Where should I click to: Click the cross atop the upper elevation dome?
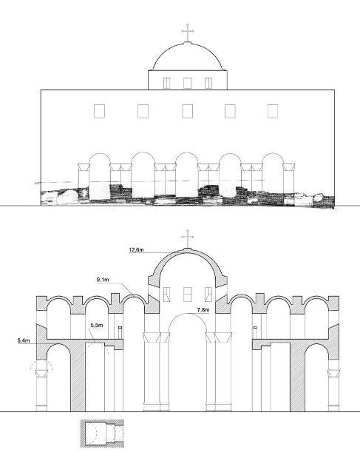click(x=187, y=33)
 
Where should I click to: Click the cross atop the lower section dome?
click(x=187, y=239)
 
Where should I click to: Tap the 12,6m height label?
click(x=136, y=250)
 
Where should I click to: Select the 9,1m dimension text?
click(x=103, y=280)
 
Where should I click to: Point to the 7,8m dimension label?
click(x=203, y=310)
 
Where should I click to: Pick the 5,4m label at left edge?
click(x=24, y=340)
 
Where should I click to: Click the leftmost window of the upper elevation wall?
click(x=100, y=112)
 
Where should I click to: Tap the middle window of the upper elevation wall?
click(x=187, y=112)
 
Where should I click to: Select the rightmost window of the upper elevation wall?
click(x=273, y=112)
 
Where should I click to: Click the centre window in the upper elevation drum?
click(x=187, y=83)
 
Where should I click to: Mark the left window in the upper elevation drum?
click(x=166, y=83)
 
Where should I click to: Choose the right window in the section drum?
click(x=208, y=295)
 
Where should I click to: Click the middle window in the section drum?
click(x=187, y=295)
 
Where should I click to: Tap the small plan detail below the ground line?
click(x=102, y=434)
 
